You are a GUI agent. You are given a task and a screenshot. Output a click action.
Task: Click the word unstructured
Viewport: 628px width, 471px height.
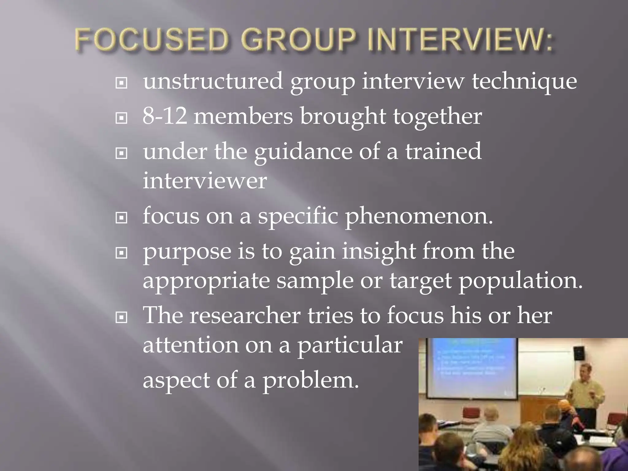pos(213,81)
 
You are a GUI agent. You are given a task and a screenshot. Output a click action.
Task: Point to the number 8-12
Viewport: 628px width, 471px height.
pos(165,116)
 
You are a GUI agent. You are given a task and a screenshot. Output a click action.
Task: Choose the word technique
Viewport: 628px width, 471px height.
pos(524,82)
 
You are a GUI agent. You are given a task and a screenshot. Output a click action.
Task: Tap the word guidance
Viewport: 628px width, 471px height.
pos(303,152)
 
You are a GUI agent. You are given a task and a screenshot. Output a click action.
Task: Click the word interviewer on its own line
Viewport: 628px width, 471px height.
pos(205,181)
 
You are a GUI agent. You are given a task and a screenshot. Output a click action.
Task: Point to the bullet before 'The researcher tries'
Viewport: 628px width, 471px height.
pos(121,318)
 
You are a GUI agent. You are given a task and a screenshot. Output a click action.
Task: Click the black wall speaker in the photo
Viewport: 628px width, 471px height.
pos(579,353)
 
